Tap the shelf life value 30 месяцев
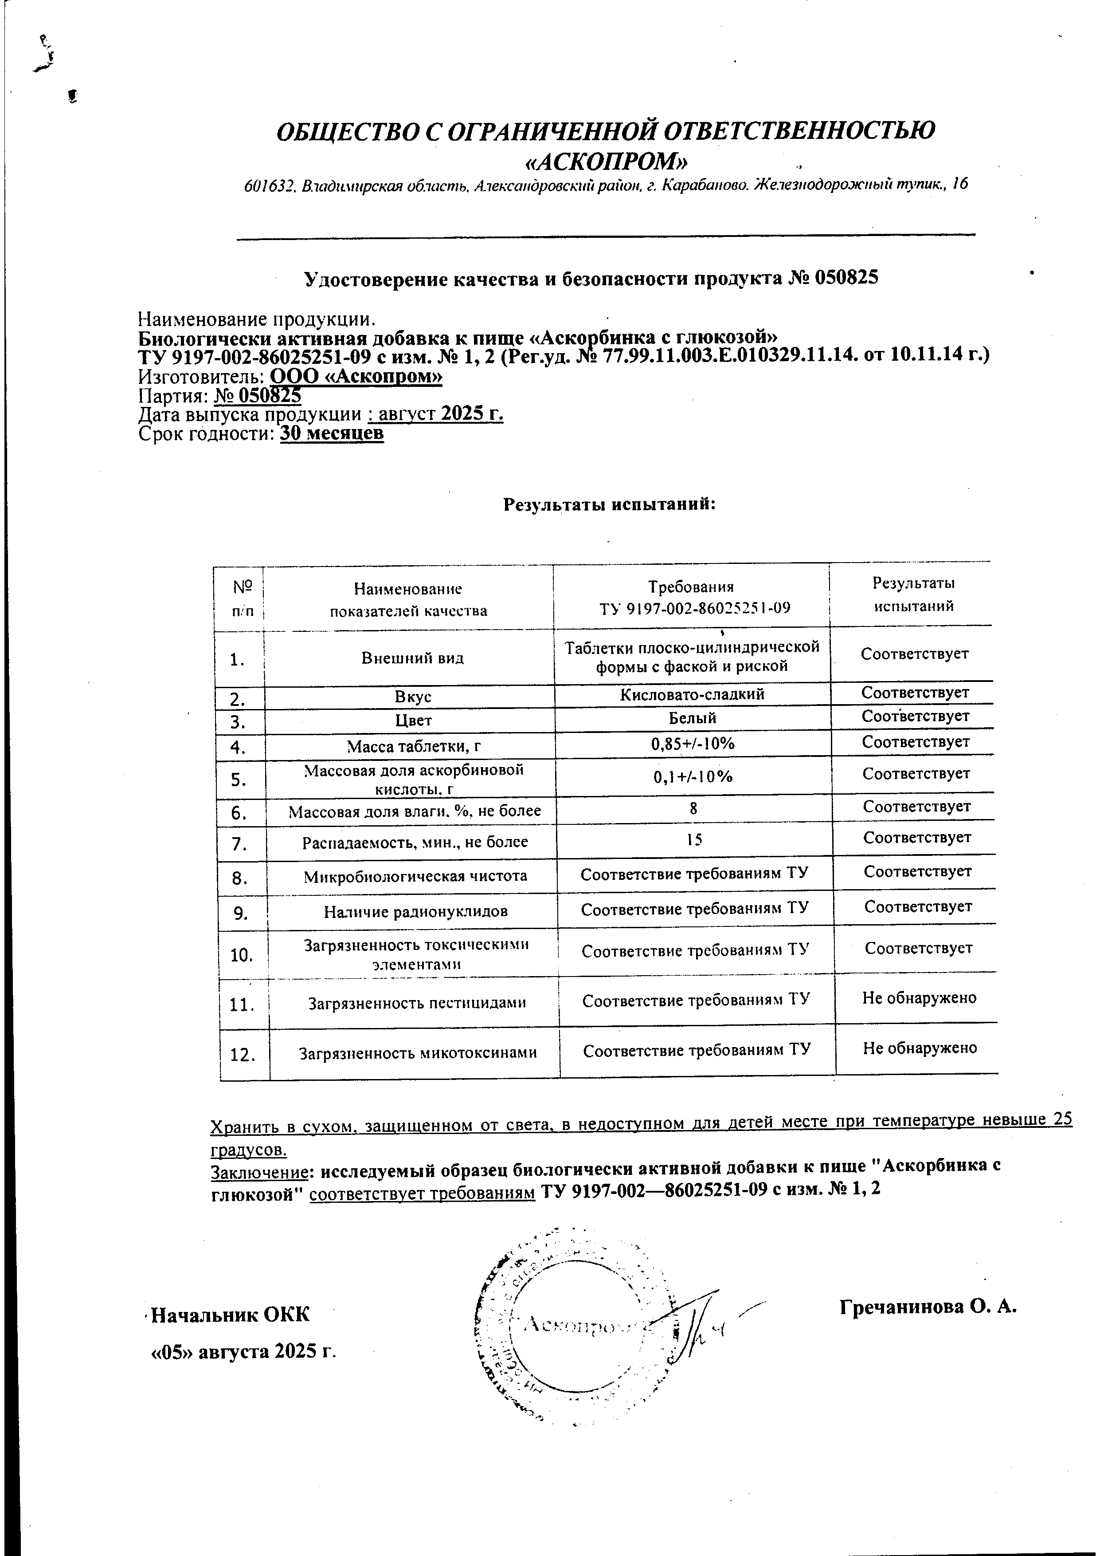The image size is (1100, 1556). click(x=332, y=434)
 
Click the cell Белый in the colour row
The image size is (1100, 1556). click(x=692, y=718)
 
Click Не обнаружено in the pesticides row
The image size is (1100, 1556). click(x=919, y=997)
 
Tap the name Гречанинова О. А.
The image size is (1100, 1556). click(x=928, y=1307)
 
